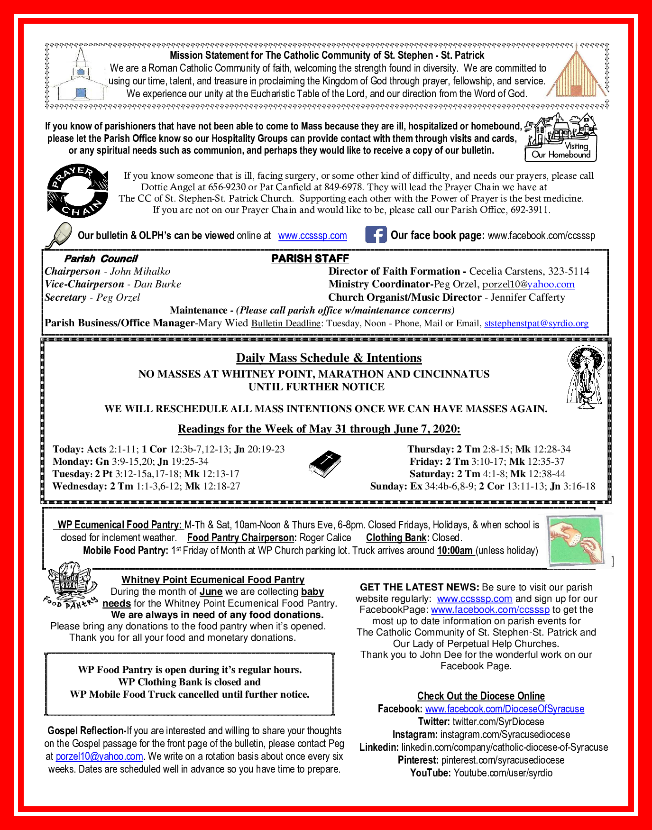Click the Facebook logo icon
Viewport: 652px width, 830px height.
(x=376, y=235)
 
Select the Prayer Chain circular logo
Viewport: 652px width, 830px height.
(x=78, y=191)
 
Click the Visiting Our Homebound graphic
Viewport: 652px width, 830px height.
(x=561, y=138)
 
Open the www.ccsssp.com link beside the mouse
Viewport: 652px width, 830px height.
(x=312, y=236)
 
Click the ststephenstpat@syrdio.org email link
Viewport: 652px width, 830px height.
(x=536, y=323)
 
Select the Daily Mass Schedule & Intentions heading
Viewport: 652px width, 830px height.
(x=329, y=358)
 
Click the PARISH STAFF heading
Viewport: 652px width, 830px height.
(x=310, y=258)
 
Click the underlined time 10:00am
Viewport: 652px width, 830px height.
(x=455, y=551)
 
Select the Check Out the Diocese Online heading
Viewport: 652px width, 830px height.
(x=481, y=696)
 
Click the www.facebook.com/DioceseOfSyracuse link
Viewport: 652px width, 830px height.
(x=505, y=709)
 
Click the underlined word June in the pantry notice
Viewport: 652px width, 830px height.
(x=211, y=591)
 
